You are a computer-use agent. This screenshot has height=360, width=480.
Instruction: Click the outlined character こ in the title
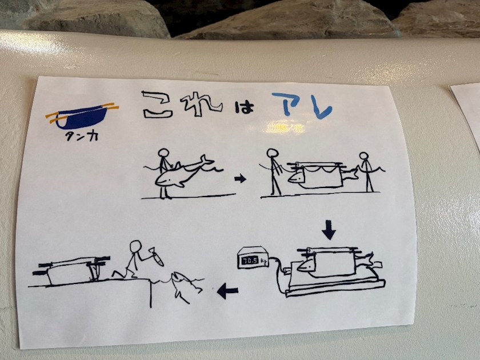[157, 105]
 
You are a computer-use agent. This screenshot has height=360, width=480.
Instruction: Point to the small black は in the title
[245, 107]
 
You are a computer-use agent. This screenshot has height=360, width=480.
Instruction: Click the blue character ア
[287, 104]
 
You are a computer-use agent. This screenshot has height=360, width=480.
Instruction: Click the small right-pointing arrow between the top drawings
[241, 178]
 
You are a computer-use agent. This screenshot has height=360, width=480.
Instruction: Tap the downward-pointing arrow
[329, 230]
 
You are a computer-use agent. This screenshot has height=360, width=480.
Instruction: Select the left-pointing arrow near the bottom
[227, 291]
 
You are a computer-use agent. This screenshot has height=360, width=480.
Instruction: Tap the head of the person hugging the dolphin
[164, 153]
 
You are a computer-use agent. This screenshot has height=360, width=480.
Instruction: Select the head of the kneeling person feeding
[135, 246]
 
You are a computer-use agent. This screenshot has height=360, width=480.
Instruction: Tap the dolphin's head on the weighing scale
[306, 265]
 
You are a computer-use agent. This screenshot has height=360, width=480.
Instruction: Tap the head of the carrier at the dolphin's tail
[364, 156]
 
